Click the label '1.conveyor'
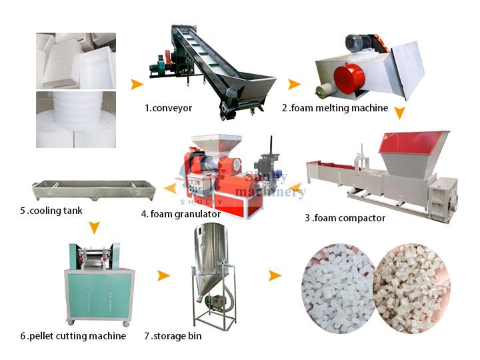[169, 108]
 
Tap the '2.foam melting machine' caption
[335, 108]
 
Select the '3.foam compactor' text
[345, 218]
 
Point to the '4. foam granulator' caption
[181, 214]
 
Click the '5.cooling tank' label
[51, 211]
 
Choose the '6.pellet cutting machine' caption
[73, 336]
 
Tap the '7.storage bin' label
[173, 336]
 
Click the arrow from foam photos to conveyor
[137, 84]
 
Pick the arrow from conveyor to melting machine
[294, 84]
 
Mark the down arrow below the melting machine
[399, 113]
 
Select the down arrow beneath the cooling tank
[94, 228]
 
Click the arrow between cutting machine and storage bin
[163, 275]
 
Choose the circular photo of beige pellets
[413, 288]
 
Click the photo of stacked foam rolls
[76, 119]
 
